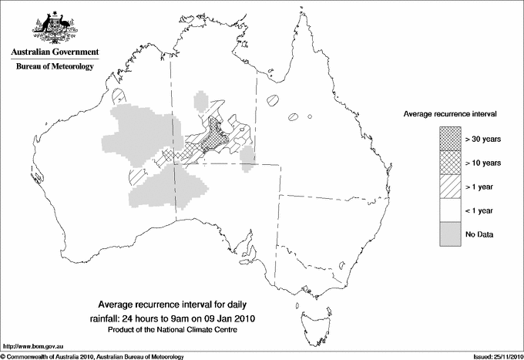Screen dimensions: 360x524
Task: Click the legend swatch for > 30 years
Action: coord(449,139)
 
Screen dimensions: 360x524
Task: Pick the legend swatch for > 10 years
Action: coord(449,163)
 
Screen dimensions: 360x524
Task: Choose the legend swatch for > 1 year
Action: coord(449,187)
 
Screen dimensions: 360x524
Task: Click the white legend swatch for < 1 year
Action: coord(449,210)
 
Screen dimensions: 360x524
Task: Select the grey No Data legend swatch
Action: coord(449,234)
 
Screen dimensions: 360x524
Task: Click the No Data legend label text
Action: coord(479,234)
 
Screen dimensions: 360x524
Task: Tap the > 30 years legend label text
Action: coord(484,139)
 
